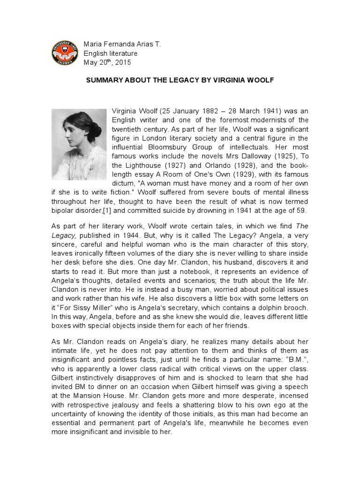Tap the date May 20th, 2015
pyautogui.click(x=107, y=62)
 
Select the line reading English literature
pyautogui.click(x=110, y=53)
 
